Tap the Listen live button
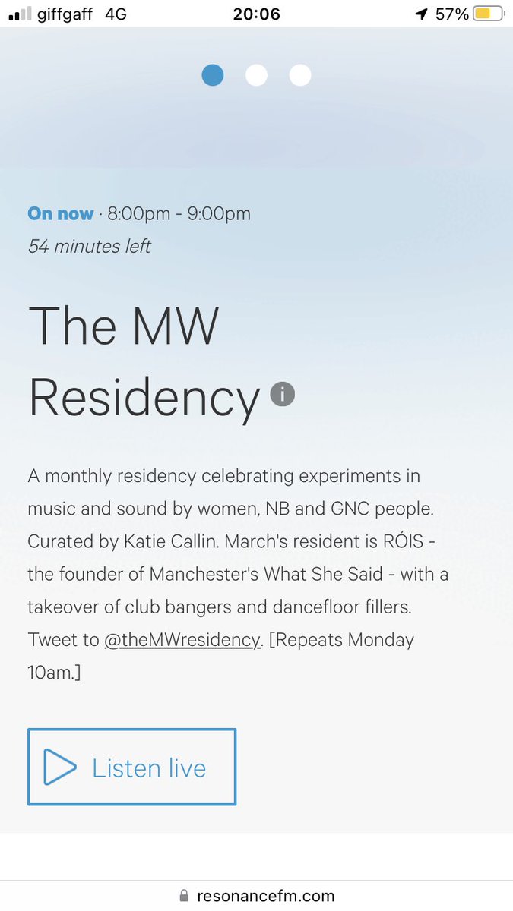point(131,767)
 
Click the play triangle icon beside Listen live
point(59,767)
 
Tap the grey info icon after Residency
point(282,394)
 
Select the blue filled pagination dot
point(213,75)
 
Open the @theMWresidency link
point(182,639)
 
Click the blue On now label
point(61,214)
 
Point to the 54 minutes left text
point(89,247)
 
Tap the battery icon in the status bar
point(489,14)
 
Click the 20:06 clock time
point(256,14)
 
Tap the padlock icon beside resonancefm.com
point(183,896)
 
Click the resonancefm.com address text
point(265,896)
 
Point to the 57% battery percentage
point(451,14)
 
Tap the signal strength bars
point(20,14)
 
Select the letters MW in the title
point(174,326)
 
